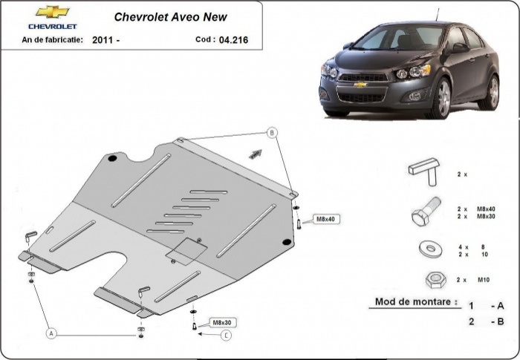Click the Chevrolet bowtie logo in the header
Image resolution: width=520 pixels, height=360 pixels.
pyautogui.click(x=52, y=13)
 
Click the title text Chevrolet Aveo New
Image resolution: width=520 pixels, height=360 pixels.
pyautogui.click(x=170, y=16)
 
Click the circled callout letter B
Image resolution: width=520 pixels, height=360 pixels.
pyautogui.click(x=272, y=133)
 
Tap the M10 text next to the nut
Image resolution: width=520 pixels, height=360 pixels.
pyautogui.click(x=482, y=280)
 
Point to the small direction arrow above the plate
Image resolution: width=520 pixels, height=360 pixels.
pyautogui.click(x=255, y=154)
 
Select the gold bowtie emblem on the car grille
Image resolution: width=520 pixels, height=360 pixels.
pyautogui.click(x=360, y=85)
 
